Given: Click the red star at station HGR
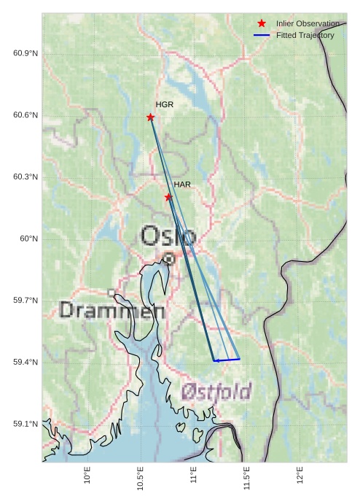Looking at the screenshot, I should click(x=150, y=117).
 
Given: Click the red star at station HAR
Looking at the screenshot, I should click(x=168, y=197).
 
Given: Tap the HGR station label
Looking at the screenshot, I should click(x=165, y=105).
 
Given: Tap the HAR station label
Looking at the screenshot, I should click(x=182, y=185).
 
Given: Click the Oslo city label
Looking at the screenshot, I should click(x=168, y=236).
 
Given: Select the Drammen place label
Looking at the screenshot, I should click(x=111, y=310).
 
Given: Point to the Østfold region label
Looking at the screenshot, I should click(x=216, y=389).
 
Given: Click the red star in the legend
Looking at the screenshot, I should click(x=262, y=23).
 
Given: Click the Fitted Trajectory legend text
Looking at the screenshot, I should click(x=305, y=35).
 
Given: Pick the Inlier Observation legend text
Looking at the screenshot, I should click(x=308, y=23).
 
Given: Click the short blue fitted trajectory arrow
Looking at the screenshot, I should click(x=227, y=360).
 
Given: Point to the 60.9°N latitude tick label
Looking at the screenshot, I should click(x=26, y=54).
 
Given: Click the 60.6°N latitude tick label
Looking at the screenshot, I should click(x=26, y=115).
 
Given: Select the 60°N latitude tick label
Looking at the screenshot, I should click(x=28, y=239).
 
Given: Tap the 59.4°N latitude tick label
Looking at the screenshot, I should click(x=26, y=362).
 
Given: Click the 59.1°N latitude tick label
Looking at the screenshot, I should click(x=26, y=424).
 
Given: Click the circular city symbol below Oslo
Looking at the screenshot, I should click(x=169, y=258).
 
